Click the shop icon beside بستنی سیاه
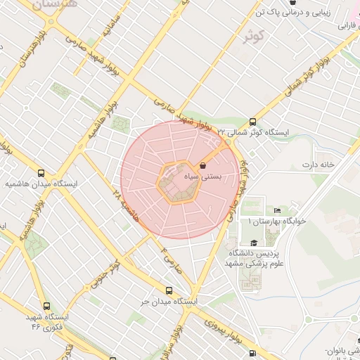203,167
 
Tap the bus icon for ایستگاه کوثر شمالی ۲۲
252,121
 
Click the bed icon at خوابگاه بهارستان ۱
277,210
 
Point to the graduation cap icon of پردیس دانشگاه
253,243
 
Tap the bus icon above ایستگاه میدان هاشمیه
41,172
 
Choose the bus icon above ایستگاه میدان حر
168,290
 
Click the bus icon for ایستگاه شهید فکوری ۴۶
46,306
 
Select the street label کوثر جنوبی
103,276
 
